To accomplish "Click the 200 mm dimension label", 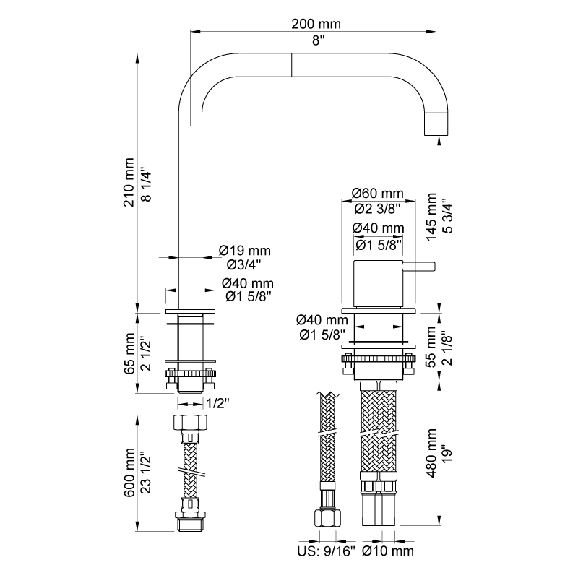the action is tap(316, 24).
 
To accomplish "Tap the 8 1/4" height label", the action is tap(147, 186).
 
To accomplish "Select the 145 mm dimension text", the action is tap(431, 217).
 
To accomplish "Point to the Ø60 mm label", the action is tap(378, 193).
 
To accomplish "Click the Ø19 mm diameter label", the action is tap(245, 251).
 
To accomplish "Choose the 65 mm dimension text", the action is tap(129, 353).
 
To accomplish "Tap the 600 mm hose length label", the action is tap(129, 473).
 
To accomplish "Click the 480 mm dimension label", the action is tap(431, 453).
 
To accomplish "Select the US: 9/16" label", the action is tap(327, 551).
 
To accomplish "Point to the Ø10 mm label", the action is tap(388, 551).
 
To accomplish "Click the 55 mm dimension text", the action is tap(431, 347).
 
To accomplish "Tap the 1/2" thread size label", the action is tap(217, 404).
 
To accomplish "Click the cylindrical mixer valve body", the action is tap(378, 284).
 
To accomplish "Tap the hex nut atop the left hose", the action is tap(190, 422).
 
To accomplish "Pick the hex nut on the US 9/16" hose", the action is tap(327, 517).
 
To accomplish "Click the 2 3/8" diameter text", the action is tap(378, 209).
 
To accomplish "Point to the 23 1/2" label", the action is tap(147, 473).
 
